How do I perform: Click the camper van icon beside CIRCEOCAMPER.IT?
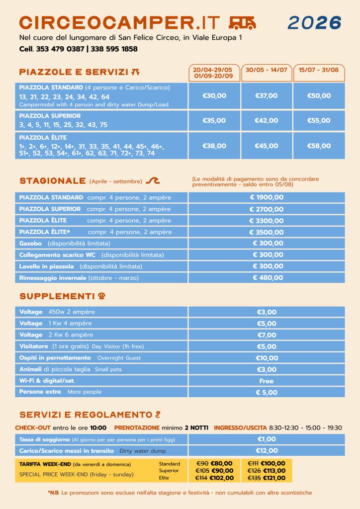(242, 22)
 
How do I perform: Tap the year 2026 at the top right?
(314, 22)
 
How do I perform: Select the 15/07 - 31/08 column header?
(319, 70)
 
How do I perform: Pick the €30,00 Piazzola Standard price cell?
(214, 95)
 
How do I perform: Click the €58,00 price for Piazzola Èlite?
(319, 146)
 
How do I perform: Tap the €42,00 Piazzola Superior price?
(267, 120)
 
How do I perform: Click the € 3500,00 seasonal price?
(267, 232)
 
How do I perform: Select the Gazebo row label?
(27, 244)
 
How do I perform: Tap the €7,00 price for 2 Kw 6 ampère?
(267, 335)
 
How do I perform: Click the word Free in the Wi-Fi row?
(267, 381)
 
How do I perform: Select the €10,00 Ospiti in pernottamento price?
(267, 358)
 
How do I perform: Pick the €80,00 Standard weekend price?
(222, 464)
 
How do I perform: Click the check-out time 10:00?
(98, 427)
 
